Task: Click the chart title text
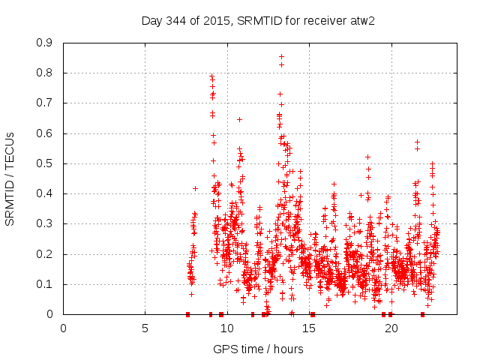(x=258, y=20)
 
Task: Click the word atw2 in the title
(x=362, y=20)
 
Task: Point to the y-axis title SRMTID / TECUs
(x=10, y=179)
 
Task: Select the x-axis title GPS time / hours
(x=258, y=349)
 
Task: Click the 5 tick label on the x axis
(x=145, y=328)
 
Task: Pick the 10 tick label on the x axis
(x=226, y=328)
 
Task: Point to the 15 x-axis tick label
(x=309, y=328)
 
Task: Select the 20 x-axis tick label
(x=391, y=328)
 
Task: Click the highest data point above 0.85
(x=281, y=56)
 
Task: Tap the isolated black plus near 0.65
(x=239, y=119)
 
